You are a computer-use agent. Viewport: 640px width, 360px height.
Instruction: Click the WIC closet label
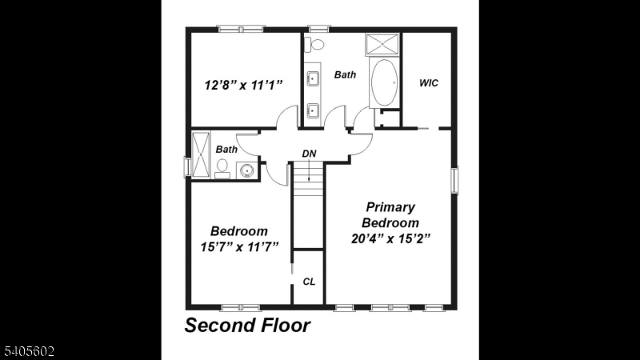[429, 83]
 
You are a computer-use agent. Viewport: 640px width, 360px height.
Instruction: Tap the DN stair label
[310, 153]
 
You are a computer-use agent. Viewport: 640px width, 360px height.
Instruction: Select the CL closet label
[309, 282]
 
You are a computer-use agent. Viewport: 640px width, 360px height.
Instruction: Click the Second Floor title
[247, 326]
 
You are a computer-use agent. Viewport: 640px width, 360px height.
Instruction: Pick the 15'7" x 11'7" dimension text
[238, 246]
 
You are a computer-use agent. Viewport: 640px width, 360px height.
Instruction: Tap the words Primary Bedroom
[391, 214]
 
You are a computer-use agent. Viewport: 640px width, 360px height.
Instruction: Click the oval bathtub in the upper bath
[385, 82]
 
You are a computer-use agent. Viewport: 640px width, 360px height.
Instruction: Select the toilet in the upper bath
[317, 44]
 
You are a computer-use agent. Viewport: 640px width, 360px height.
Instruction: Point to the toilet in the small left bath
[223, 167]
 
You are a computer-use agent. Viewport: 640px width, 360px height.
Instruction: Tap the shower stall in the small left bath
[200, 155]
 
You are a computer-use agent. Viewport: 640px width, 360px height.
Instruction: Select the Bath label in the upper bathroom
[346, 75]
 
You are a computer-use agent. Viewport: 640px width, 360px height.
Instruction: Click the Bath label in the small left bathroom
[226, 149]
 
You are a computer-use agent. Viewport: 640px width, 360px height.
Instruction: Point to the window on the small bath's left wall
[187, 166]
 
